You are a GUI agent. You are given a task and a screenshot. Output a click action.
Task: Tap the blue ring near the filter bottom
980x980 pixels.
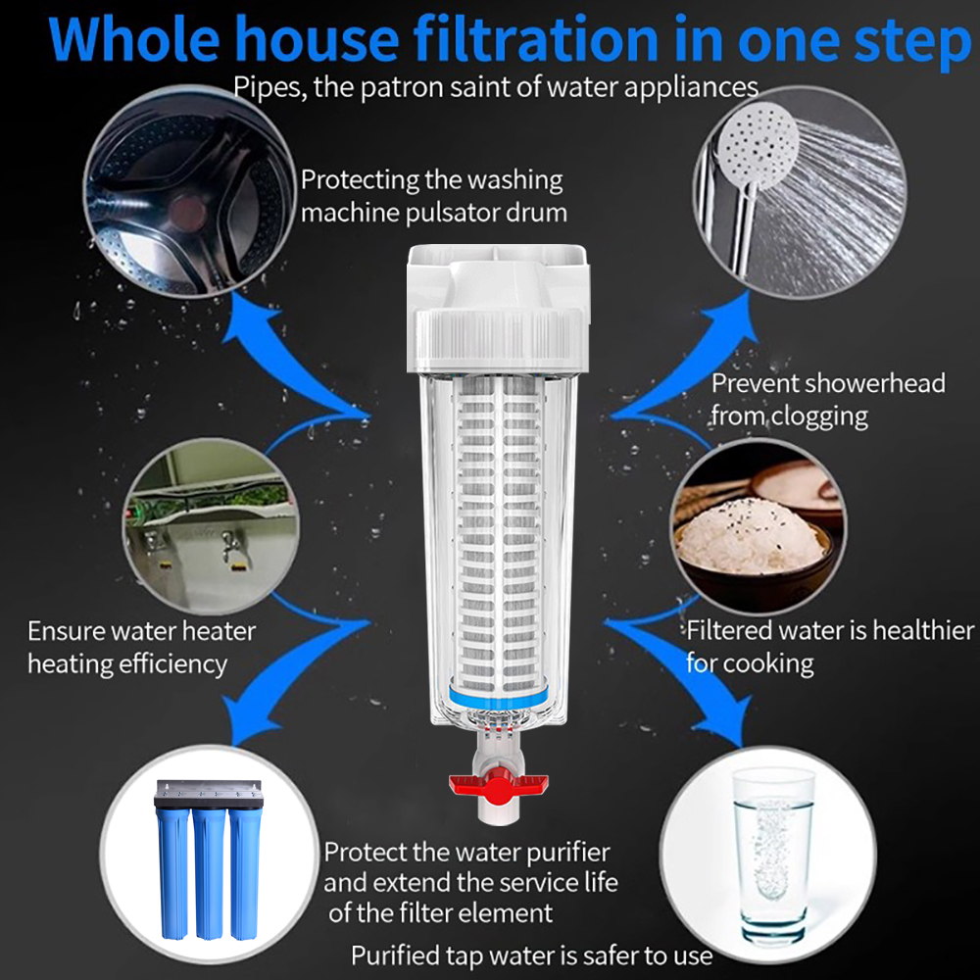[x=499, y=697]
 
